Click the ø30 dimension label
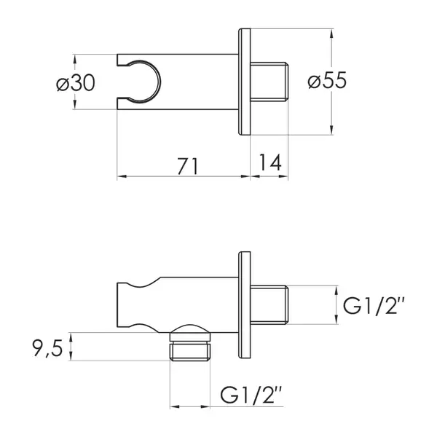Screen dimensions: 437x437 [76, 83]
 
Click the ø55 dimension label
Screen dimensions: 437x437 [327, 80]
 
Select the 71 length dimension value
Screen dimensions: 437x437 [188, 166]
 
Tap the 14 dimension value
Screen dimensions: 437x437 [270, 162]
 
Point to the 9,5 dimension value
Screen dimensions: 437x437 [47, 349]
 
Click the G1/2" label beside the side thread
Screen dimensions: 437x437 [374, 306]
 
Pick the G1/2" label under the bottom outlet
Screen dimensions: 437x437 [251, 395]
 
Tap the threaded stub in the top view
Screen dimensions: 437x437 [269, 81]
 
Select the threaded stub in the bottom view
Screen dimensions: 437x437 [269, 305]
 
